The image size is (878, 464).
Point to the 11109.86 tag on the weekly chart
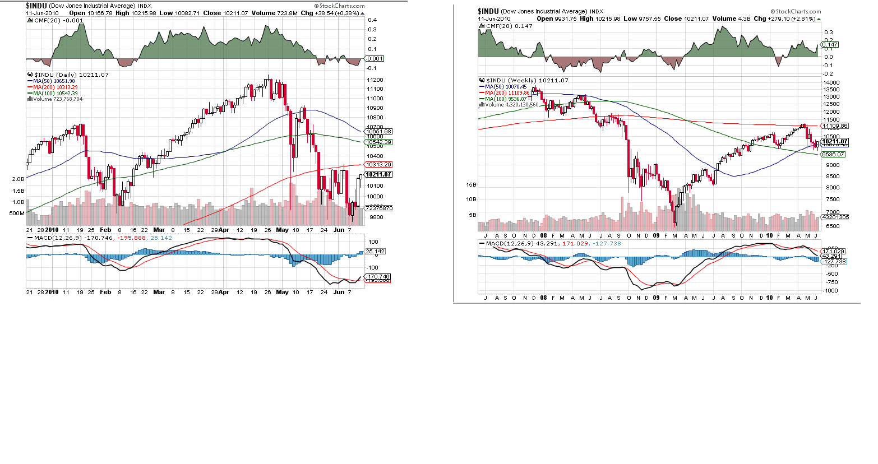pos(835,126)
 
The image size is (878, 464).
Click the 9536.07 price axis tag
pos(833,154)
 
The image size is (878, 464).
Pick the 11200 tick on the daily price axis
pos(375,80)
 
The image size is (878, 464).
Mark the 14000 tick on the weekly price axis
pos(831,83)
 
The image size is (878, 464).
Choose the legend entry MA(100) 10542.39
pos(55,94)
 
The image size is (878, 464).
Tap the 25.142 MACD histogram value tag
pos(376,252)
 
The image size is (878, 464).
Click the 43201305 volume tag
pos(835,217)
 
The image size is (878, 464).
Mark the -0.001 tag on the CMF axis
pos(375,58)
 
